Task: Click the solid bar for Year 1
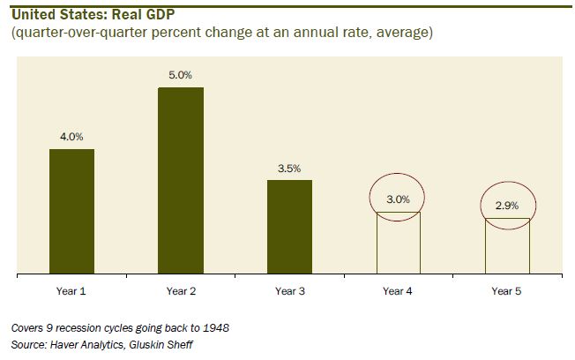(x=71, y=212)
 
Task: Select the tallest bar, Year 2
(x=181, y=181)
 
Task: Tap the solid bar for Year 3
(x=289, y=227)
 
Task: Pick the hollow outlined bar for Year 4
(x=398, y=244)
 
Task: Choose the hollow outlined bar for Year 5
(x=507, y=246)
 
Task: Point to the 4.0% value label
(x=71, y=137)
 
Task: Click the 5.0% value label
(x=181, y=75)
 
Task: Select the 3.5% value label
(x=289, y=168)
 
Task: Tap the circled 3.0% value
(x=399, y=199)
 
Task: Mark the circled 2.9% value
(x=507, y=205)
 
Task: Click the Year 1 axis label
(x=71, y=290)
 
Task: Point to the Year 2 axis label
(x=181, y=290)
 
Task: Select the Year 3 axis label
(x=289, y=290)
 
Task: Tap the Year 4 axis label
(x=399, y=290)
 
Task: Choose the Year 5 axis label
(x=507, y=290)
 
